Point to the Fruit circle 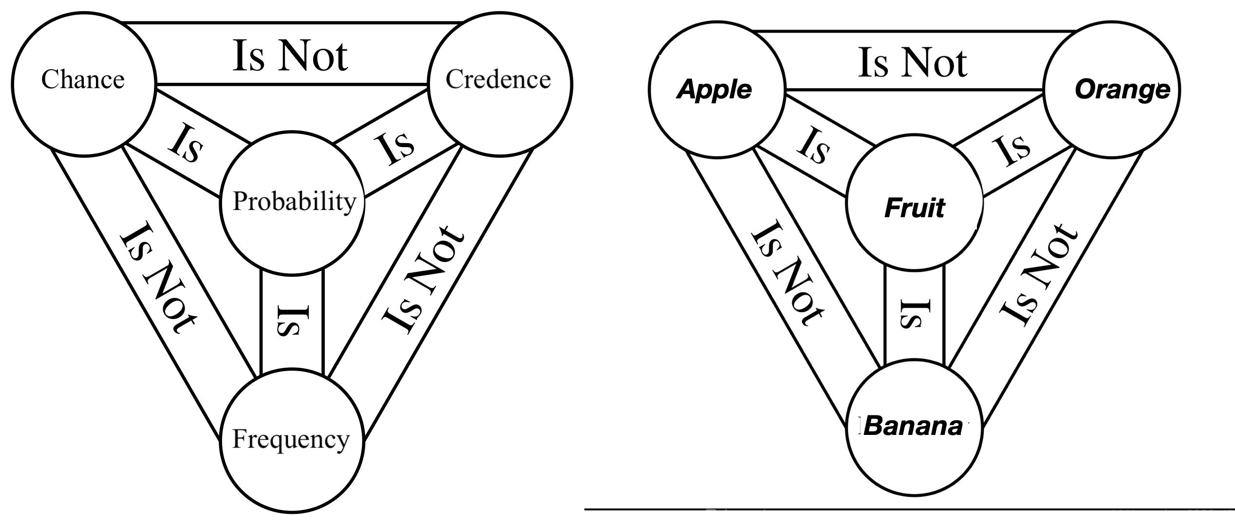(x=914, y=208)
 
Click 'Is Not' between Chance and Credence (x=290, y=56)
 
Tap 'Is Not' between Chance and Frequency (x=158, y=278)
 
